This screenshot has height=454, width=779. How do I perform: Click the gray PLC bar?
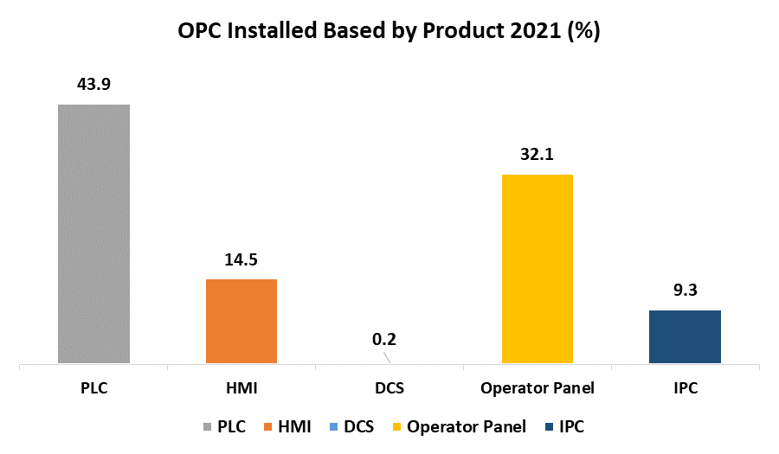coord(93,233)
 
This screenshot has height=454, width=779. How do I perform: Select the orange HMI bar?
coord(241,321)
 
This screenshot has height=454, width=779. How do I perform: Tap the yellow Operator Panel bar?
coord(537,269)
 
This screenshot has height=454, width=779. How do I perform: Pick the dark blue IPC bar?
coord(685,336)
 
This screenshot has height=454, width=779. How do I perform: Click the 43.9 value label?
coord(94,84)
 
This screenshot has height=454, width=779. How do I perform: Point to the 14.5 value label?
coord(241,259)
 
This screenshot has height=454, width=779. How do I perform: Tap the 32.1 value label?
coord(537,155)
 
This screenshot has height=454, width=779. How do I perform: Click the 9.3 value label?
coord(685,291)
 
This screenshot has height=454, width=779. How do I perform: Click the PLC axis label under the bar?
coord(93,388)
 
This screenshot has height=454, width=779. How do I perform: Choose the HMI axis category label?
coord(241,388)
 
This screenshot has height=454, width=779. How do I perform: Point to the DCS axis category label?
coord(389,388)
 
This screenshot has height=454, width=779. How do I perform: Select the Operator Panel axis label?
coord(538,388)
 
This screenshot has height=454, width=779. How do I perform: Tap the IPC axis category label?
coord(685,388)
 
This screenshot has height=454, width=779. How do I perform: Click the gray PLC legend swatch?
coord(208,427)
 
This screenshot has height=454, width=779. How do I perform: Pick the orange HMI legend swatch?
coord(269,427)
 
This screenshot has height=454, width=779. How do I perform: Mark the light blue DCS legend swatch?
coord(334,427)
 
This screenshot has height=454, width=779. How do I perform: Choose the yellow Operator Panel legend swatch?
coord(396,427)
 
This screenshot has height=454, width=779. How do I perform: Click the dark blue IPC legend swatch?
coord(551,427)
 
